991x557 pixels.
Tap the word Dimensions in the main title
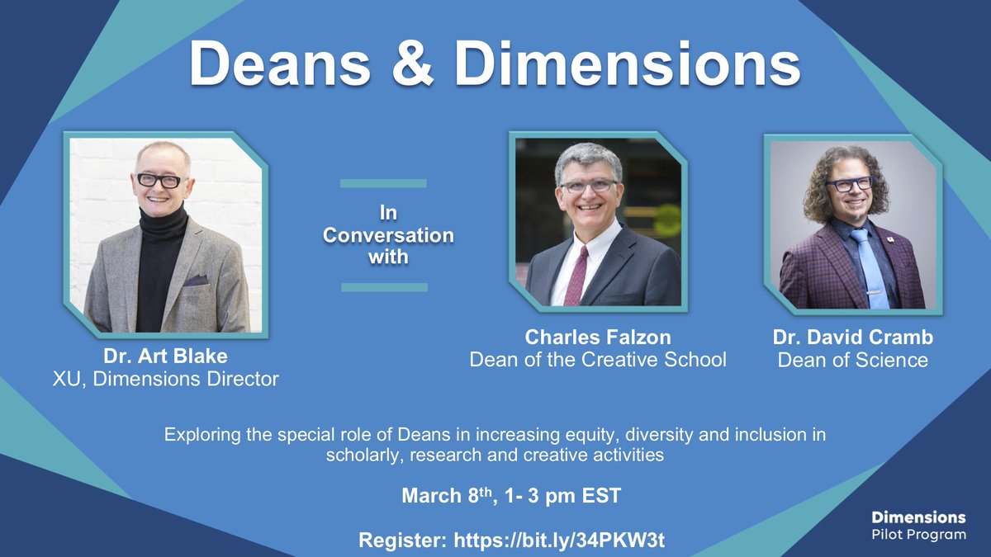pos(627,64)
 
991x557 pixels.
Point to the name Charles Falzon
pos(598,338)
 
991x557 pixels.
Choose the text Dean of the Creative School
pos(598,360)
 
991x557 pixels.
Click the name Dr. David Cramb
pos(852,338)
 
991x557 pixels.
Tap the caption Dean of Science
pos(852,360)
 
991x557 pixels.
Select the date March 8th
pos(445,497)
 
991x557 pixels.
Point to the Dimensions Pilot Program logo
pos(918,526)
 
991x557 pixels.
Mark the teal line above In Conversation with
pos(383,183)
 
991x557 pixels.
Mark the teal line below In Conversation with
pos(383,287)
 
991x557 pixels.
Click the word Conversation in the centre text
pos(388,234)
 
